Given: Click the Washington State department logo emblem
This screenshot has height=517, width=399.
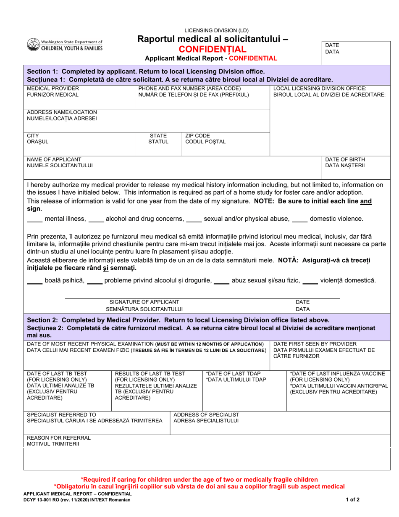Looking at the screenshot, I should [33, 45].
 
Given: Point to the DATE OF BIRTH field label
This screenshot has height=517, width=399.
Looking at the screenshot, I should [345, 159].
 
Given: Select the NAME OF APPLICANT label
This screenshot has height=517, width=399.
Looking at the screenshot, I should [54, 159].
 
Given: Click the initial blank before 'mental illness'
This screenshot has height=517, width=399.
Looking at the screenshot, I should [34, 219].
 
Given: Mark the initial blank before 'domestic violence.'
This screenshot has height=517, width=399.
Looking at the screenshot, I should [299, 219].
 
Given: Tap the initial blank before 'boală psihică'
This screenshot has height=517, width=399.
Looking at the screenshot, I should [34, 281].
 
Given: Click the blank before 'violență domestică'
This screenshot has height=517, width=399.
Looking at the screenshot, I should [310, 281].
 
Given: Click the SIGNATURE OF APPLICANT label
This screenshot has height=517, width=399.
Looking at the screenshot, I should [144, 302].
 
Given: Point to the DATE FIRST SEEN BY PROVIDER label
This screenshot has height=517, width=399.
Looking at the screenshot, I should [315, 344].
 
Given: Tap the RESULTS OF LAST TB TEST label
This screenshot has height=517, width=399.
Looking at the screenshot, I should [150, 374].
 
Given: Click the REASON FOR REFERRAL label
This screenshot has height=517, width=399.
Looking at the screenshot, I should [58, 438].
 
